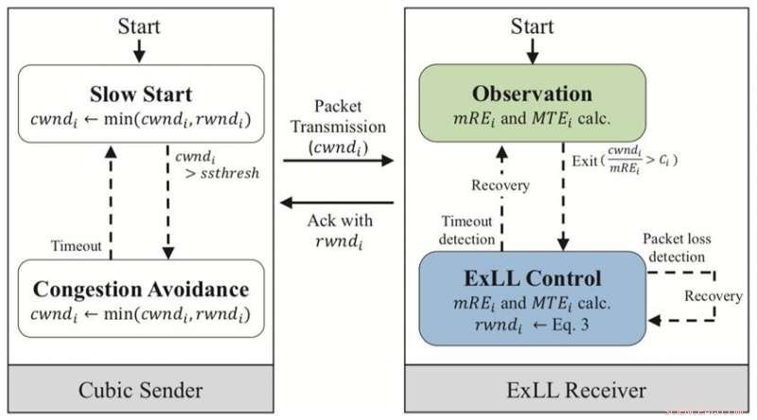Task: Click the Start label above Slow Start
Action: [x=139, y=26]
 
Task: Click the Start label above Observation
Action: [x=533, y=26]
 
